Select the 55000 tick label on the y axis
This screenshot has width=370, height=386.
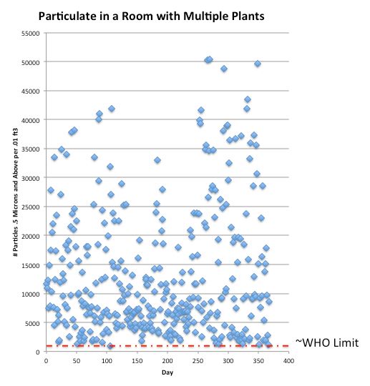[30, 34]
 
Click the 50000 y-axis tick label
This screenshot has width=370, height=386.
[30, 63]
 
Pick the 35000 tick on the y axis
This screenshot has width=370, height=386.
[30, 149]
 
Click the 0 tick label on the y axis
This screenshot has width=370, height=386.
[39, 352]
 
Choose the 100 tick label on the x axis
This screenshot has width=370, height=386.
[107, 360]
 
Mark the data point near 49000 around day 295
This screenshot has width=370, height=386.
[224, 69]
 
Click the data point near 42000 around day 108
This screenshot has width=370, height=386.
[112, 109]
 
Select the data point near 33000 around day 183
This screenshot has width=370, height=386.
[157, 160]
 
